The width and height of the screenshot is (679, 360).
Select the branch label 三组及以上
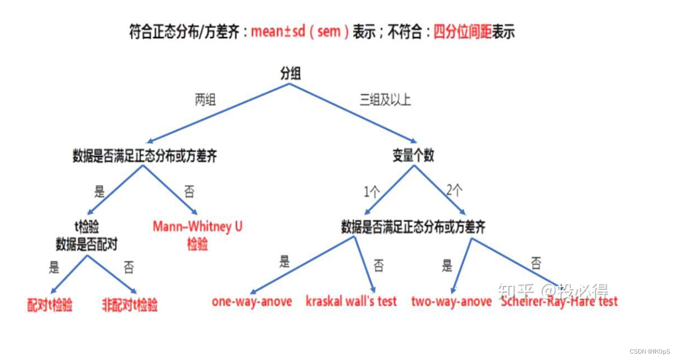tap(385, 100)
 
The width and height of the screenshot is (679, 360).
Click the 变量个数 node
tap(413, 155)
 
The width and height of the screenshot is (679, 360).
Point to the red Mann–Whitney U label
tap(197, 227)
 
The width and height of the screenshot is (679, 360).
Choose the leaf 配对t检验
tap(50, 306)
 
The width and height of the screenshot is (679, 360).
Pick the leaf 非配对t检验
tap(129, 306)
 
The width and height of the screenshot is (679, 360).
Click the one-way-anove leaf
tap(252, 301)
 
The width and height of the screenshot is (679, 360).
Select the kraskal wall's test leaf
tap(351, 301)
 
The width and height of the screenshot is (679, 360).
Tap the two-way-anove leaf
tap(451, 301)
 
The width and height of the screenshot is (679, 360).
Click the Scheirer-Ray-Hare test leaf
tap(559, 301)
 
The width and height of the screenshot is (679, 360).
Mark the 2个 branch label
tap(455, 190)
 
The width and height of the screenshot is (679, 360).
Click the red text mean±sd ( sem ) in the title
tap(299, 32)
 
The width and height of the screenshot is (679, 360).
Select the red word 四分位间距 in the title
tap(462, 32)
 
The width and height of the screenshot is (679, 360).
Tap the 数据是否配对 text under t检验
tap(87, 245)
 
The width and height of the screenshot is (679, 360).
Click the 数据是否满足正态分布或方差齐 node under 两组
tap(144, 155)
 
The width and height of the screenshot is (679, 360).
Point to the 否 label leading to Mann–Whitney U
tap(190, 191)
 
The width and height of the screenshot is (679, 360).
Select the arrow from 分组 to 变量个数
tap(354, 113)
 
